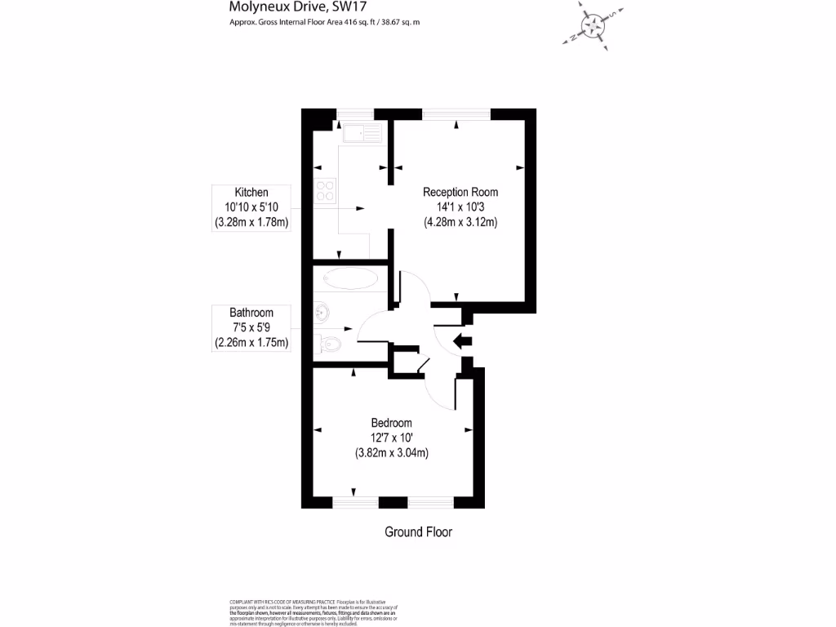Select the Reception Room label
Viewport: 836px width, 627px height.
tap(460, 192)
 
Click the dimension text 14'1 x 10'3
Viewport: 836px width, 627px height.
tap(460, 207)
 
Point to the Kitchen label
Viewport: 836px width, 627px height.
tap(251, 192)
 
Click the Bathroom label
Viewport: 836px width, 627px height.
tap(251, 313)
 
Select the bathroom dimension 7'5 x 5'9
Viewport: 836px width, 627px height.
tap(251, 327)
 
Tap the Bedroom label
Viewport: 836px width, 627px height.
tap(391, 423)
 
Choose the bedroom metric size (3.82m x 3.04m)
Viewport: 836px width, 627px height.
tap(392, 453)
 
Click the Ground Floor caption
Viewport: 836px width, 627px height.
tap(418, 532)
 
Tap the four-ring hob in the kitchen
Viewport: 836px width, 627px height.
tap(325, 190)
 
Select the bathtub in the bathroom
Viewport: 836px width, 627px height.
tap(351, 278)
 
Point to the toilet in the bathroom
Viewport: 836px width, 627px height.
tap(328, 345)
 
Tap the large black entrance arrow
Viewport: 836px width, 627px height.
tap(461, 341)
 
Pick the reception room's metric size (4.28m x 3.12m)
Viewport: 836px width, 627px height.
tap(460, 222)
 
